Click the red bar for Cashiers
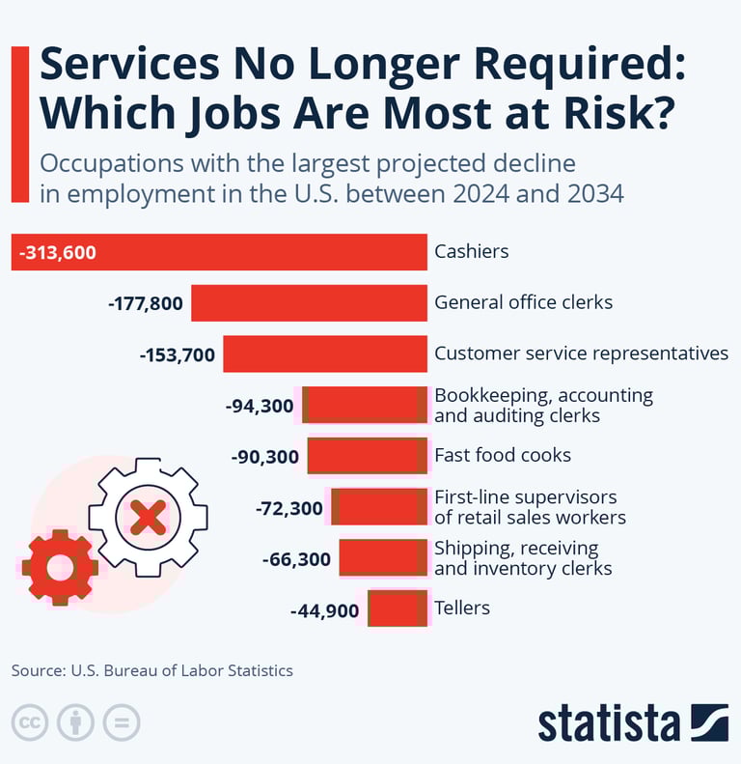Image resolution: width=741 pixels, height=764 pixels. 261,252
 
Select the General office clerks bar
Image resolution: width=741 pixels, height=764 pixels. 309,302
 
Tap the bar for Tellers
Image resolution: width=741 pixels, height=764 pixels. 398,608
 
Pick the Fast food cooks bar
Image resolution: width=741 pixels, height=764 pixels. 368,456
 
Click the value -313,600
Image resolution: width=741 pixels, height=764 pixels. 57,253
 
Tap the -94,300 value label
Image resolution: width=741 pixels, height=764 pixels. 259,407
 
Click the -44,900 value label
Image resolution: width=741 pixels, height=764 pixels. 324,610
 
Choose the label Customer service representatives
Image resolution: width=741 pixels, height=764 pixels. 581,354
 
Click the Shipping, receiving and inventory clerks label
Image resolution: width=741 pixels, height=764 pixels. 523,558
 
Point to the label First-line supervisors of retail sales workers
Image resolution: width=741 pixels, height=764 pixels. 530,507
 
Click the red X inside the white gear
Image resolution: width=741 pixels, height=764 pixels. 147,517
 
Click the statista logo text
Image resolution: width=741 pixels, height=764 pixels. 608,722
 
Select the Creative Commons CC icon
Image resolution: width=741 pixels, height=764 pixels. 30,722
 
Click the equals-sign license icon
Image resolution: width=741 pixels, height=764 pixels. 122,722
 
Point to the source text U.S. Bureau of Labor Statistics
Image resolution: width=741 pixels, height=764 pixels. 181,669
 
